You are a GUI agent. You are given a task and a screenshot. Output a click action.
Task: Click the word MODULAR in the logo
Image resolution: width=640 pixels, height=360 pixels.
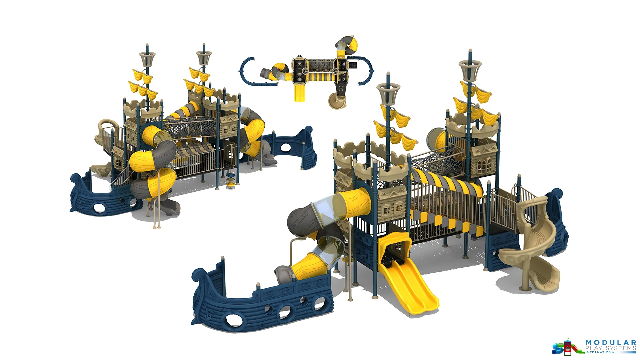pos(611,343)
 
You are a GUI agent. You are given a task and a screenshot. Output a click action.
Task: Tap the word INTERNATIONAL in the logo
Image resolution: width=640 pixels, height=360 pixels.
pos(601,352)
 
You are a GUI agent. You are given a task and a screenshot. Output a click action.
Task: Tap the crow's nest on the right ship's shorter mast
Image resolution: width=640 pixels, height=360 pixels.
pos(388,92)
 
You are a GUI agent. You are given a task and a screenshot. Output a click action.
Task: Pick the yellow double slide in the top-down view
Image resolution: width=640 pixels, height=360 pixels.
pos(300,91)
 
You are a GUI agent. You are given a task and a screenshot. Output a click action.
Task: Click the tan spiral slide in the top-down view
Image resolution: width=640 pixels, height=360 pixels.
pos(337,100)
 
